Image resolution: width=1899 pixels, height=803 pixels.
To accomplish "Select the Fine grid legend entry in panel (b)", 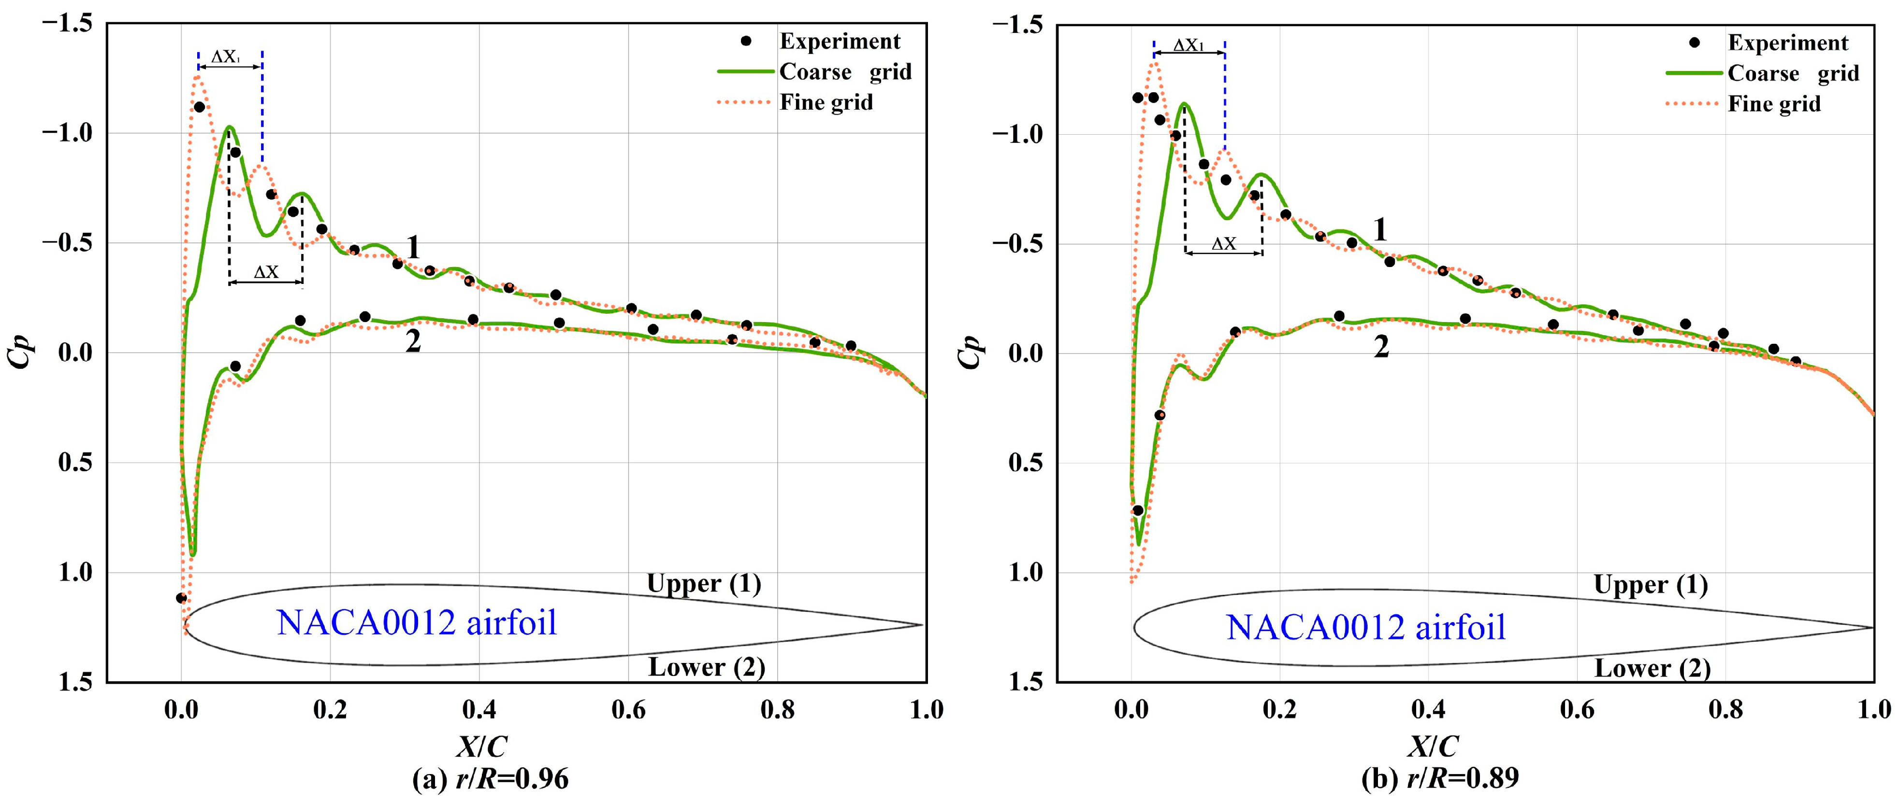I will click(1774, 104).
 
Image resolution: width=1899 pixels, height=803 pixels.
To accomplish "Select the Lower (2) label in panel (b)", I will click(1652, 668).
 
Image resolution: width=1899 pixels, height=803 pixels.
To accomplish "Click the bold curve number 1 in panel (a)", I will click(414, 248).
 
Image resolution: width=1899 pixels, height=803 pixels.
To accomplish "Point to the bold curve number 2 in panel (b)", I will click(1381, 346).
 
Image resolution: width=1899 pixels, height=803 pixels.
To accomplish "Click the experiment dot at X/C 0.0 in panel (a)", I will click(181, 597).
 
